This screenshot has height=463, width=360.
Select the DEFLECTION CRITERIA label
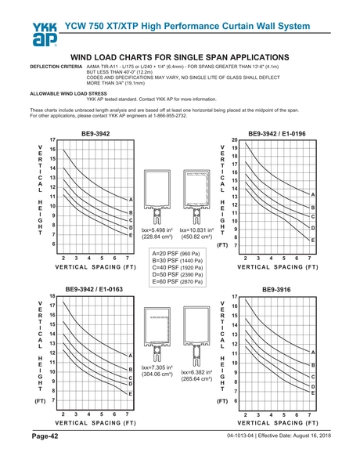(x=56, y=68)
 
